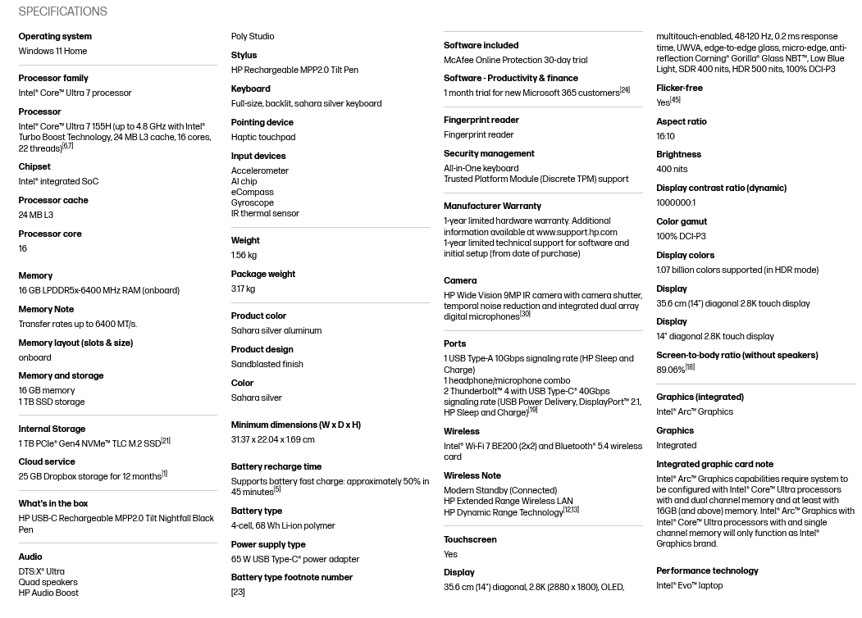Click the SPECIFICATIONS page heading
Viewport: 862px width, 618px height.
point(62,11)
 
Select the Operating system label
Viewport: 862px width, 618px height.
point(55,36)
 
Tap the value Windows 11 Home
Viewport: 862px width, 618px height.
point(52,51)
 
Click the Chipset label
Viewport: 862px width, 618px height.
point(34,166)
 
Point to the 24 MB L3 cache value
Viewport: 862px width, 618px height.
point(35,215)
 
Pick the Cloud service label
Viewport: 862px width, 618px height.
point(46,461)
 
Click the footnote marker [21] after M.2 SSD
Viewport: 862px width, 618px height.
point(166,441)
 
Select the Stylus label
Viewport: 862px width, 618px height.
point(244,55)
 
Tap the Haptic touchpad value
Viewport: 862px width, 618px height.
point(262,137)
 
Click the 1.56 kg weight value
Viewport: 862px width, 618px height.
point(244,255)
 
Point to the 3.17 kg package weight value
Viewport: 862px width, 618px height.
point(243,289)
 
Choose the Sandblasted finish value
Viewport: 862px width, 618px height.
point(267,364)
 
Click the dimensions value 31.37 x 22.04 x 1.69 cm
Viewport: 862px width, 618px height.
point(272,439)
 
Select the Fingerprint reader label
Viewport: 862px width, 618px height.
point(481,120)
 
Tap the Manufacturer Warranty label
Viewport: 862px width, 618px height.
point(492,206)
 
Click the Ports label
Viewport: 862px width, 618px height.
point(454,343)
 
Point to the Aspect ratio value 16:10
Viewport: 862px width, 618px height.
point(665,136)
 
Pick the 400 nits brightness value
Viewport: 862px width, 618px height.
point(672,169)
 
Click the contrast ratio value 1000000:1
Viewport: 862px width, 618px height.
point(675,202)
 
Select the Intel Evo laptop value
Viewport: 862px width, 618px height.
point(689,585)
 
